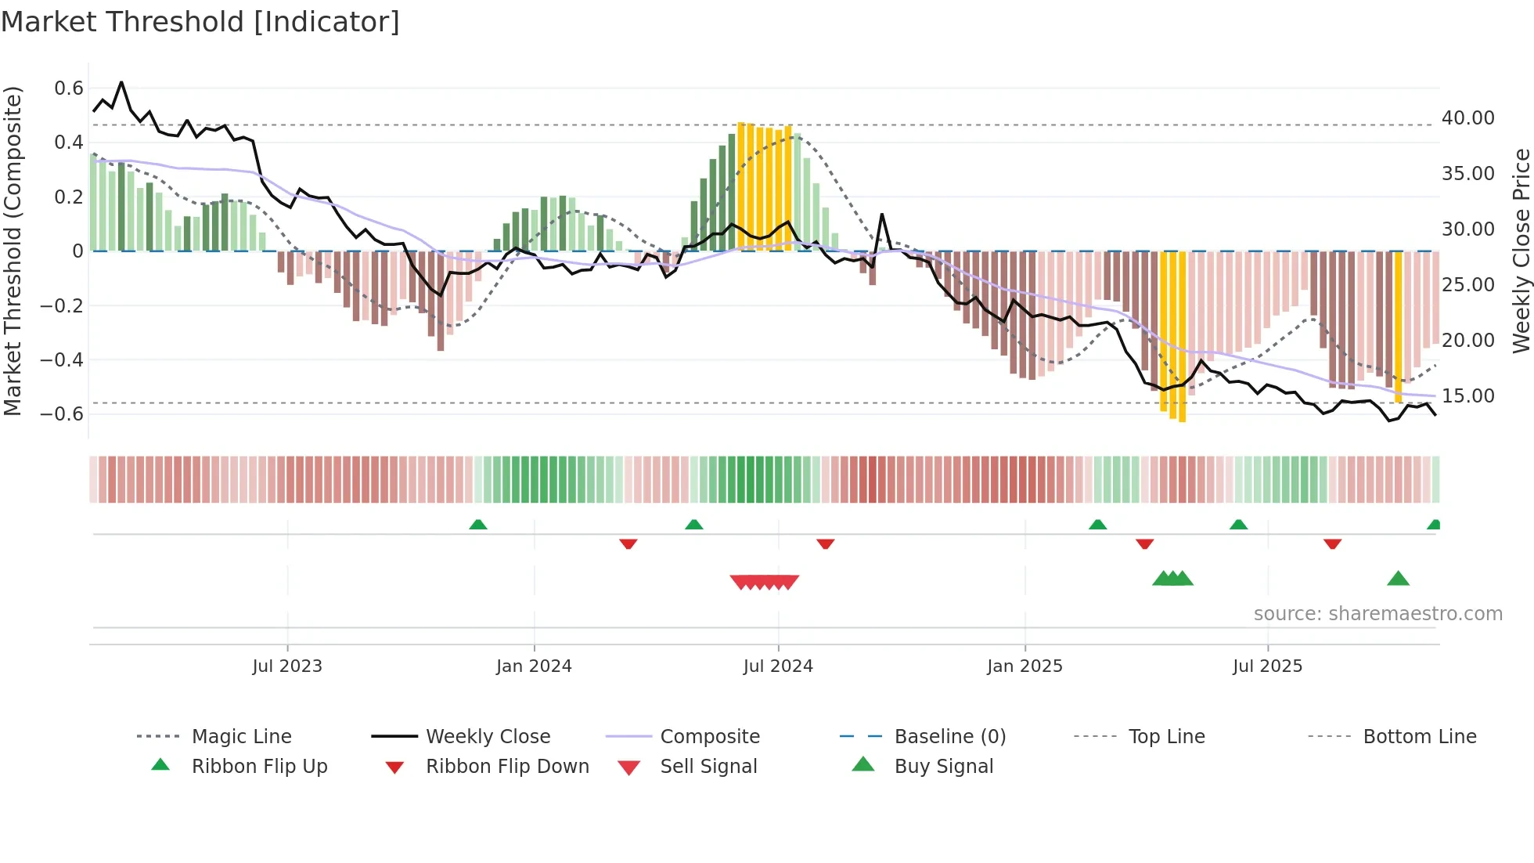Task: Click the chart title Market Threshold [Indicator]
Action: click(200, 22)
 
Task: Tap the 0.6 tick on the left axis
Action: click(69, 88)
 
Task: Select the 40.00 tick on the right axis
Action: click(1468, 118)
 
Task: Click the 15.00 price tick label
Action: click(1468, 396)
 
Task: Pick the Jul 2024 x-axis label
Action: click(778, 666)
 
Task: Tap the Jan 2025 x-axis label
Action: click(1024, 666)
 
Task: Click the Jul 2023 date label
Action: click(287, 666)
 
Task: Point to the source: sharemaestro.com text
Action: click(1377, 614)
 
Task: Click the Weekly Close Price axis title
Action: click(1521, 251)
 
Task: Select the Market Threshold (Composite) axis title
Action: click(13, 251)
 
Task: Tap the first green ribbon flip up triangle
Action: click(478, 525)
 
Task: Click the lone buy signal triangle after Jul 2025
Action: click(1398, 580)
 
